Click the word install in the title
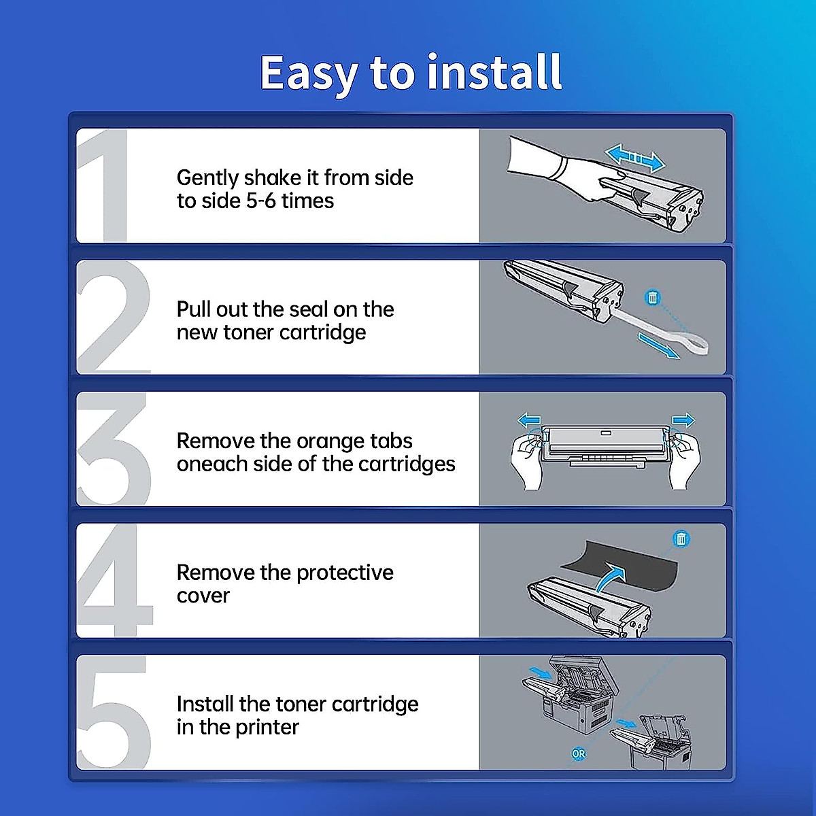pos(494,72)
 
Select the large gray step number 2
pos(114,317)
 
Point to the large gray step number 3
pos(114,448)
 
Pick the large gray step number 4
pos(115,580)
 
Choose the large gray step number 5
pos(114,712)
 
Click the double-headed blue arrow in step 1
pos(634,158)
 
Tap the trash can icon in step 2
pos(653,298)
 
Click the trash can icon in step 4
pos(681,539)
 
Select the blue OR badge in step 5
pos(579,754)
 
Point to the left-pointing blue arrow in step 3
pos(529,420)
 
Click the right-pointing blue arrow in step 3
pos(683,420)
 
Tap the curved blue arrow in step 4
pos(611,577)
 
